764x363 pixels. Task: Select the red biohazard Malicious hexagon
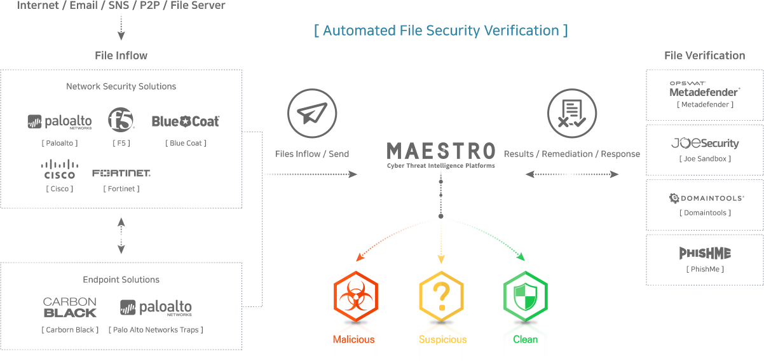coord(355,297)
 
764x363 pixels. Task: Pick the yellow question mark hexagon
coord(440,297)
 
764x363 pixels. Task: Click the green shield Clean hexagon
coord(525,297)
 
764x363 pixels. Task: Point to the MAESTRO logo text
coord(440,151)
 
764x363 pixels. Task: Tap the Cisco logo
coord(59,168)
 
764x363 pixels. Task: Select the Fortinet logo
coord(121,173)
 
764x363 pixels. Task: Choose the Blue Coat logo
coord(186,121)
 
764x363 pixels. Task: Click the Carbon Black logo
coord(70,308)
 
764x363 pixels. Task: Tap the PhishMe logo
coord(704,254)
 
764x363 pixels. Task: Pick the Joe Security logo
coord(705,144)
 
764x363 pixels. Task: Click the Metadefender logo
coord(704,89)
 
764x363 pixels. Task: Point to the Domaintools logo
coord(706,198)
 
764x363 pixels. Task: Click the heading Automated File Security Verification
coord(440,31)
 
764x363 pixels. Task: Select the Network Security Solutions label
coord(121,86)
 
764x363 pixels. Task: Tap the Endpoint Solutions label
coord(121,280)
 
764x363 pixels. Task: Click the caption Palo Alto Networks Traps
coord(156,329)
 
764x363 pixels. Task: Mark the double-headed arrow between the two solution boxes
coord(121,235)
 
